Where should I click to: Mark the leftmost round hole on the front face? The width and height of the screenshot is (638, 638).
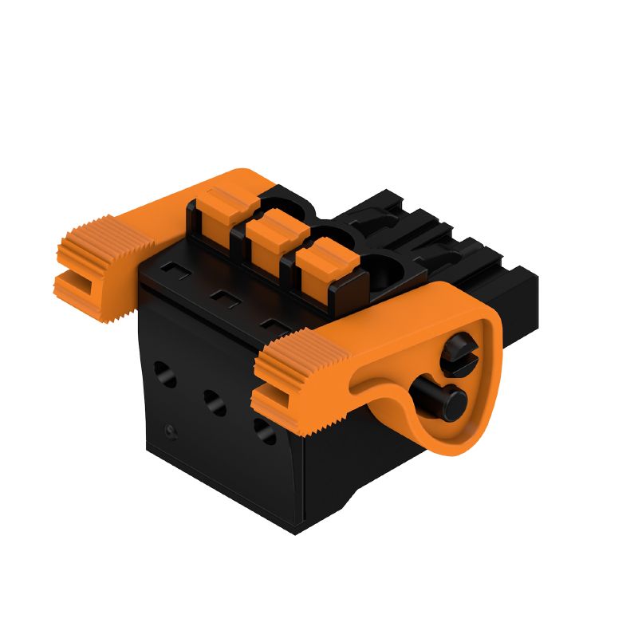coord(166,371)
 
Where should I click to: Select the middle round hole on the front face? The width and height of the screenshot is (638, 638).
coord(214,400)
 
